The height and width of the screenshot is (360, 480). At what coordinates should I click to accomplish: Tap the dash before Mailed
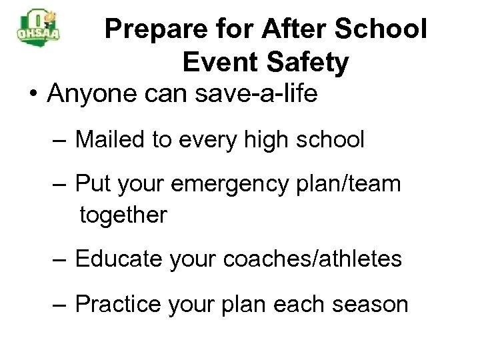[61, 140]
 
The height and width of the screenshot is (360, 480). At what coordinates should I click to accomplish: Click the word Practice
[118, 304]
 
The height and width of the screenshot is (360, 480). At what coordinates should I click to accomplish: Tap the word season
[370, 304]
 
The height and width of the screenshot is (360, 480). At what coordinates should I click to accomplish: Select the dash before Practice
[61, 305]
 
